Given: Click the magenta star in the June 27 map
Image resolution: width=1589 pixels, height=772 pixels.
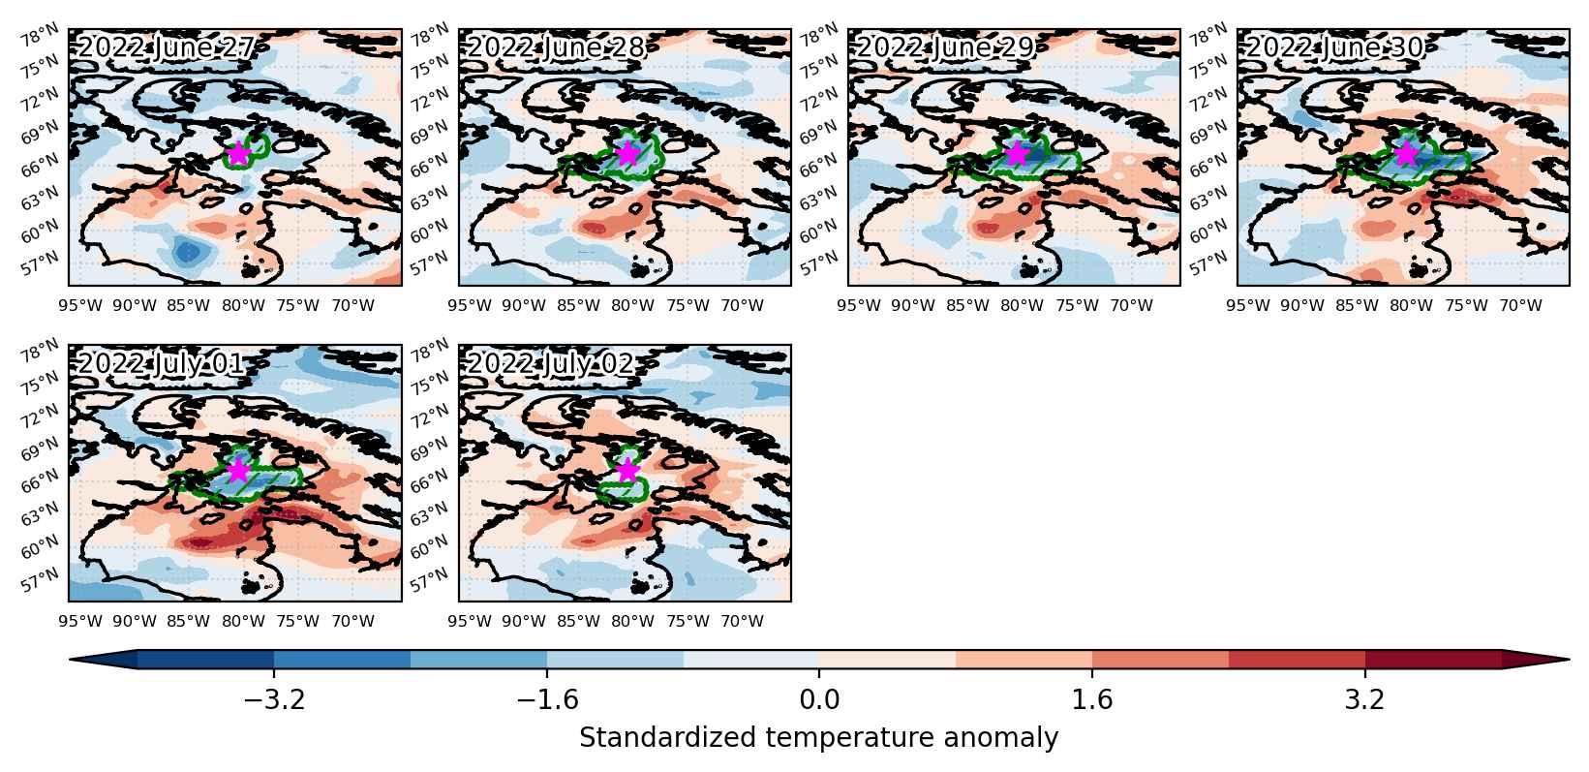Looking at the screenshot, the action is pos(238,153).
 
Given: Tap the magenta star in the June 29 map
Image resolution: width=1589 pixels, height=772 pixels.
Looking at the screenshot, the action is pos(1018,153).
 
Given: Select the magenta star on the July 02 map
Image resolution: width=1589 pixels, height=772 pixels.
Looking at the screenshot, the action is pos(627,470).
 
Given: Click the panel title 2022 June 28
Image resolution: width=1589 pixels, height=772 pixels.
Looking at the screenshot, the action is pos(556,47).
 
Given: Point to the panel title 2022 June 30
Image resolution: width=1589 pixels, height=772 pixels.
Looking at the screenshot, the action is pos(1334,47).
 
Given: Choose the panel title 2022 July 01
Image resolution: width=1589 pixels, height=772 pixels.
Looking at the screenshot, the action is pos(161,364).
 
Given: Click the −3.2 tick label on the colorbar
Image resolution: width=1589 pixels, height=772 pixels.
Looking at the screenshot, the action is pos(274,700).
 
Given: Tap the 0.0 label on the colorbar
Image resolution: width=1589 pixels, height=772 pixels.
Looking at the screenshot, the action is pos(819,700).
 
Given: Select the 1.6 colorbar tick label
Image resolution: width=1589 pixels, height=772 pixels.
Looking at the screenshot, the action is pos(1091,700).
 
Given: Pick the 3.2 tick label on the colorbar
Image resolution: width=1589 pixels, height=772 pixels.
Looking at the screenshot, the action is pos(1365,700).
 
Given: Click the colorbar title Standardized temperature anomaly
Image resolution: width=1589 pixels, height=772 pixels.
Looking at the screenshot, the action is pos(818,738).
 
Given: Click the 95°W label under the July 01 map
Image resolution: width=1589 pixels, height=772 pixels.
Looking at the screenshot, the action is pos(79,622).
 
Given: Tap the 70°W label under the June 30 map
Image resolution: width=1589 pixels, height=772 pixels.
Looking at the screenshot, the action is pos(1521,306).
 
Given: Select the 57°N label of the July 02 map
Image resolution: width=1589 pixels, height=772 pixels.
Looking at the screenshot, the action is pos(429,579).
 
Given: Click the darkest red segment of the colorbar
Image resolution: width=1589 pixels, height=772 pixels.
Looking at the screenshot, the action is pos(1433,660).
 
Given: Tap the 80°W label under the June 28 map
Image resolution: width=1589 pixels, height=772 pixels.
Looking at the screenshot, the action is pos(632,306).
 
